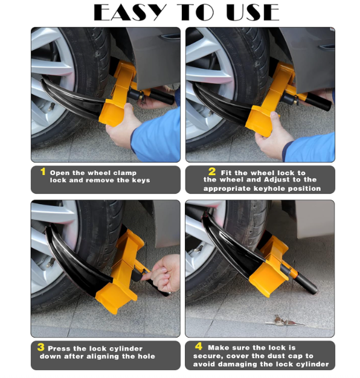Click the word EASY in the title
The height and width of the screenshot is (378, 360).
coord(130,12)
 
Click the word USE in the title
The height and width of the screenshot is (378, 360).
coord(252,12)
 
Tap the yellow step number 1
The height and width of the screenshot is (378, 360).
coord(43,171)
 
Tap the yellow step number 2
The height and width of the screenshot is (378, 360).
coord(212,171)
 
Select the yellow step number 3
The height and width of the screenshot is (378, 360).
coord(40,347)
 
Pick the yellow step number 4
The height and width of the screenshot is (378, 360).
coord(199,347)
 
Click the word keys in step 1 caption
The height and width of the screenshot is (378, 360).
coord(141,181)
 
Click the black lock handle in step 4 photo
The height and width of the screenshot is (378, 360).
coord(305,284)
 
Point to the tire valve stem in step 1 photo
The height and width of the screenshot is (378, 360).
coord(51,107)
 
